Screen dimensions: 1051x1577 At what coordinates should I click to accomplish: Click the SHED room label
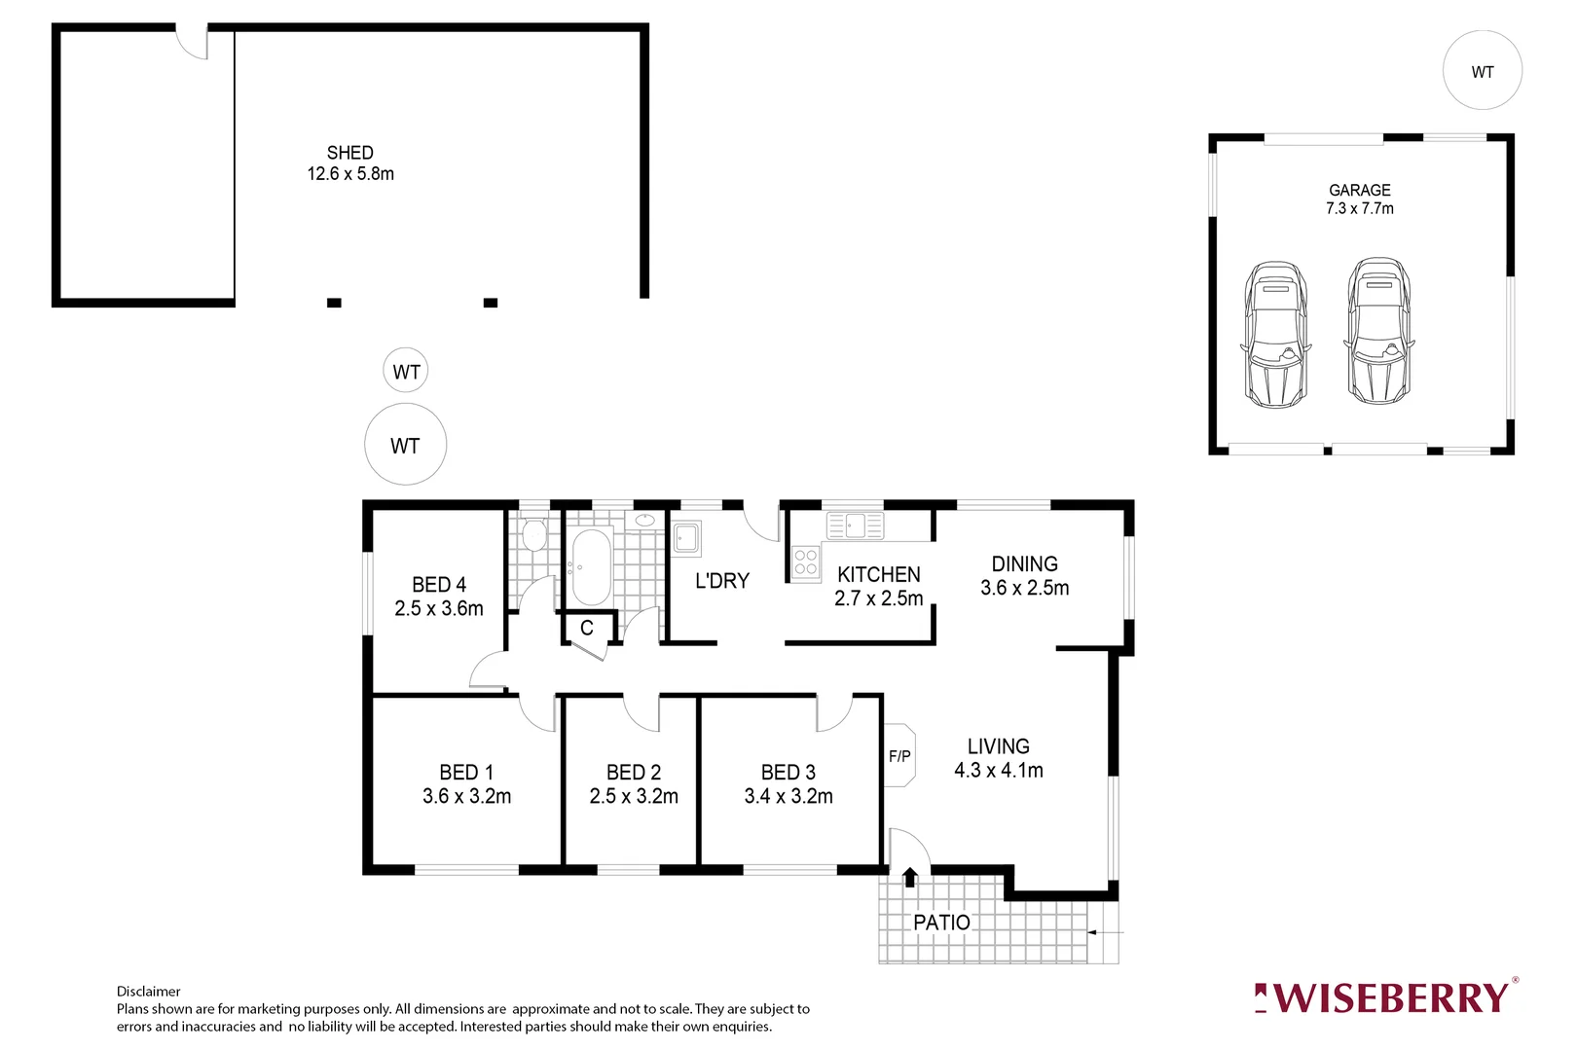(349, 153)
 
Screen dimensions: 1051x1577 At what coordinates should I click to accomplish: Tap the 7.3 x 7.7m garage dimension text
(1359, 209)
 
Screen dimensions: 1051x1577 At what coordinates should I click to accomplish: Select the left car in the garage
(1275, 334)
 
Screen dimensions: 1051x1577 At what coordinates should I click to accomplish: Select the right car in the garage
(1378, 331)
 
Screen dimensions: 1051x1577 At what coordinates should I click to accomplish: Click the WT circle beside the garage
(1482, 71)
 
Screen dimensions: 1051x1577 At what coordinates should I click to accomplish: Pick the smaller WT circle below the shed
(405, 371)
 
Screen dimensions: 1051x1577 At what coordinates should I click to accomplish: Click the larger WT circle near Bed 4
(405, 446)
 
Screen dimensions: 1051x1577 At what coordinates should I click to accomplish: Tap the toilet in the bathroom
(532, 535)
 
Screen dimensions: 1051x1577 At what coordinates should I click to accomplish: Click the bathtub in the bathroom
(590, 566)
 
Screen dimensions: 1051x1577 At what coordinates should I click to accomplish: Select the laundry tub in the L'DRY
(686, 537)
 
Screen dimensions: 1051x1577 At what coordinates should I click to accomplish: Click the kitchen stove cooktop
(805, 562)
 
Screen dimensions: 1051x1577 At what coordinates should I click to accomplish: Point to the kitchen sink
(855, 525)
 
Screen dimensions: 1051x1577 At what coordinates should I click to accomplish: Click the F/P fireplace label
(899, 756)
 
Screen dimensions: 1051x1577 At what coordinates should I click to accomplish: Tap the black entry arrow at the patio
(910, 878)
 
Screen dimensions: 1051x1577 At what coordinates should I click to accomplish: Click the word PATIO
(941, 923)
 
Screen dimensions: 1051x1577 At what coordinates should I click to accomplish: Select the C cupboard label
(587, 629)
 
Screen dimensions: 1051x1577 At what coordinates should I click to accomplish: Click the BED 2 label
(633, 773)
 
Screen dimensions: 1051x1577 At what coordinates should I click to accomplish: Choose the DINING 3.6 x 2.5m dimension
(1024, 589)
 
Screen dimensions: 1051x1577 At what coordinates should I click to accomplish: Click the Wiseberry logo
(1384, 998)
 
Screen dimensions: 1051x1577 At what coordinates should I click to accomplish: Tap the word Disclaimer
(148, 992)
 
